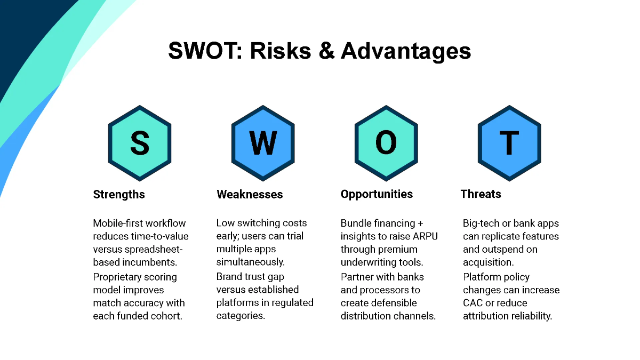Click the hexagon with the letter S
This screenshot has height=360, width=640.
coord(140,143)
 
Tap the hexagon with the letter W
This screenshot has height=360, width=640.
coord(263,143)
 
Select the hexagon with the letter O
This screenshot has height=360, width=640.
coord(386,143)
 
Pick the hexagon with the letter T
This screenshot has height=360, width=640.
coord(509,143)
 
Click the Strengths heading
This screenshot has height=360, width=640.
coord(119,195)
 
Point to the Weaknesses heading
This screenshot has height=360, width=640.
coord(250,194)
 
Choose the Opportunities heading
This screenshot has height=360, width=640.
coord(377,194)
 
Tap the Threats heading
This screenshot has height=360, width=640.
coord(481,194)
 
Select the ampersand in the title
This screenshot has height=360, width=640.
coord(326,51)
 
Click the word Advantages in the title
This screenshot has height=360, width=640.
coord(406,51)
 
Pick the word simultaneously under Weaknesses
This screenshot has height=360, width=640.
coord(250,262)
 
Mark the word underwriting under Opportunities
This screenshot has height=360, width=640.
coord(367,262)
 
